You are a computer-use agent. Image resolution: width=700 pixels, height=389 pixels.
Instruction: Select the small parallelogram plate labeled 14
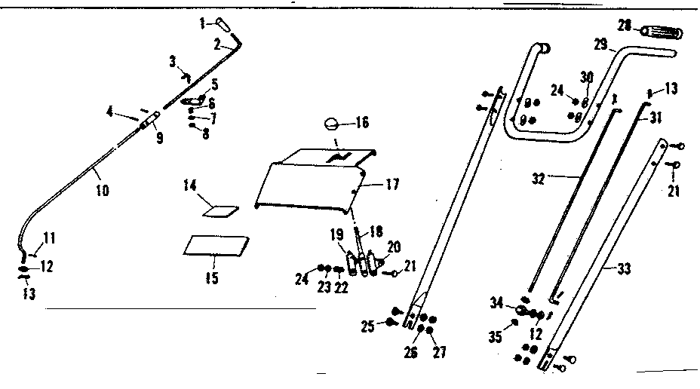tap(222, 211)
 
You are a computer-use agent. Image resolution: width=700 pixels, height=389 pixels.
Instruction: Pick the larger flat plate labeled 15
tap(216, 245)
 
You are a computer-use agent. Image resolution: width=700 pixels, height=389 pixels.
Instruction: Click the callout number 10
tap(103, 191)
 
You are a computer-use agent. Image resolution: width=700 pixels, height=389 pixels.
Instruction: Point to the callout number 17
tap(393, 184)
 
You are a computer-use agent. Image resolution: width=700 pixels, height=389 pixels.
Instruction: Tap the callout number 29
tap(600, 45)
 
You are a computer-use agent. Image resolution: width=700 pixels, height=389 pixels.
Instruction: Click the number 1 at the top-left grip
tap(202, 24)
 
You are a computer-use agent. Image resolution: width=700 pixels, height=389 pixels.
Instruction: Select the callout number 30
tap(586, 77)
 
